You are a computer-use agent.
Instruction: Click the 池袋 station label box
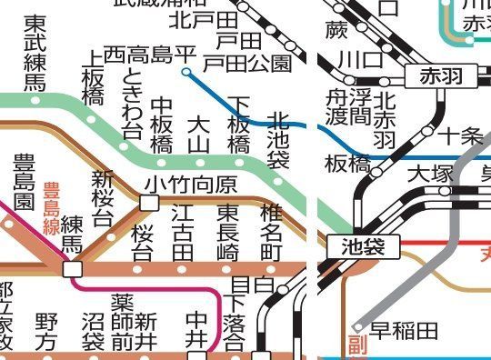click(363, 245)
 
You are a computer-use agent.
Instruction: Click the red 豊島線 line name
click(51, 209)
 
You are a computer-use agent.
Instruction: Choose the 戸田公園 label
click(246, 63)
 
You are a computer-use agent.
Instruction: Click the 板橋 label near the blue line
click(346, 165)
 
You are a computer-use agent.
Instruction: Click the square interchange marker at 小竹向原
click(148, 202)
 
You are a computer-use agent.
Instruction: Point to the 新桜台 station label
click(102, 197)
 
